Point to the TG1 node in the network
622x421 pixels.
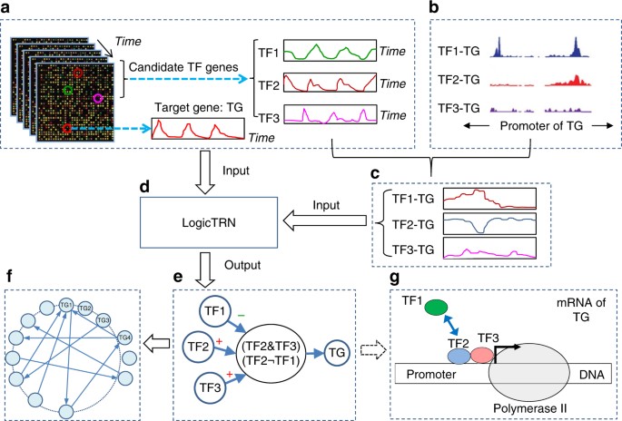[x=65, y=305]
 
